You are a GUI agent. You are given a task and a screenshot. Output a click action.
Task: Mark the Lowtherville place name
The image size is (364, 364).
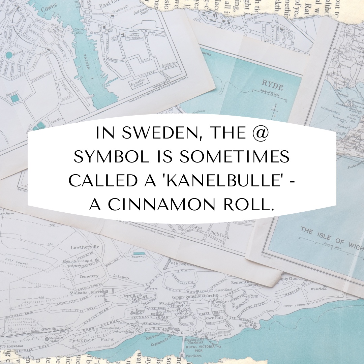(85, 247)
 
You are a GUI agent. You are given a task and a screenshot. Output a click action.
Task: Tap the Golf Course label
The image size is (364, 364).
(17, 261)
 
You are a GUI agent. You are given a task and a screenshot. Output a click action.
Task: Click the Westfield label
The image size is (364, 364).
(318, 289)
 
